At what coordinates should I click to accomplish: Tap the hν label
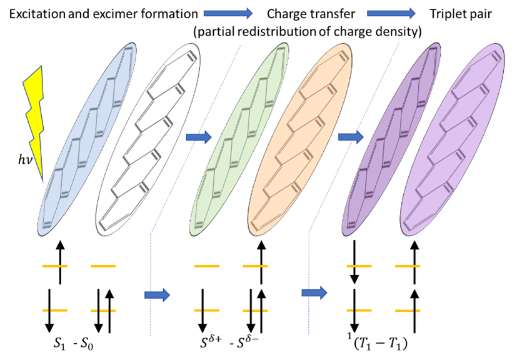coord(25,159)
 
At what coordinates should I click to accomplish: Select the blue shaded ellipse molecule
coord(88,139)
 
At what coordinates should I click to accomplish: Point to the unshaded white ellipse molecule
coord(148,139)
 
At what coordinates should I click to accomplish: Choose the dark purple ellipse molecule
coord(391,139)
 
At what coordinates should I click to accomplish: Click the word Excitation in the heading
coord(38,14)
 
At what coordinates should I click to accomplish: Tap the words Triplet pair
coord(461,14)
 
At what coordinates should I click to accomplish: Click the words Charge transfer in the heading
coord(311,14)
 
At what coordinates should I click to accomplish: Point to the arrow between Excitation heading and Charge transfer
coord(228,14)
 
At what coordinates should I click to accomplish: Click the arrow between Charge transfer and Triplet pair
coord(391,14)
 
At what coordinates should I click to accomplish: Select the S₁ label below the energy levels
coord(59,344)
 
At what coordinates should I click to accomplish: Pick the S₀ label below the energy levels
coord(87,344)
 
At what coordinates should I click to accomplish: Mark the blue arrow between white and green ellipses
coord(199,137)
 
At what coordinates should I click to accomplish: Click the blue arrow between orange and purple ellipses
coord(351,137)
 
